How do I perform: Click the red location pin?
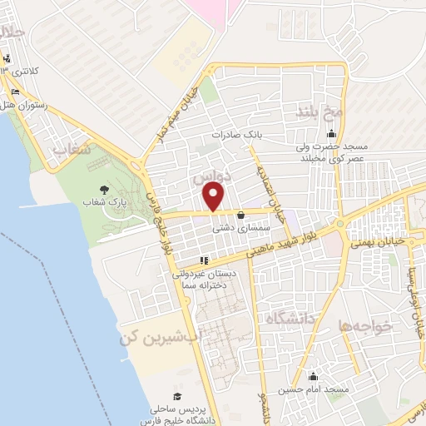[214, 196]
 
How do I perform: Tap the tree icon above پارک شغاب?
[103, 189]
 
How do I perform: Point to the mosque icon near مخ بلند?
[332, 135]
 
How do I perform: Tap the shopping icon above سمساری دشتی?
[240, 214]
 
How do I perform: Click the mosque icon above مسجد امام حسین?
[313, 376]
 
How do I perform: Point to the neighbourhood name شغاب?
[70, 149]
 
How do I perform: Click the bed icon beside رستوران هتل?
[16, 91]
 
